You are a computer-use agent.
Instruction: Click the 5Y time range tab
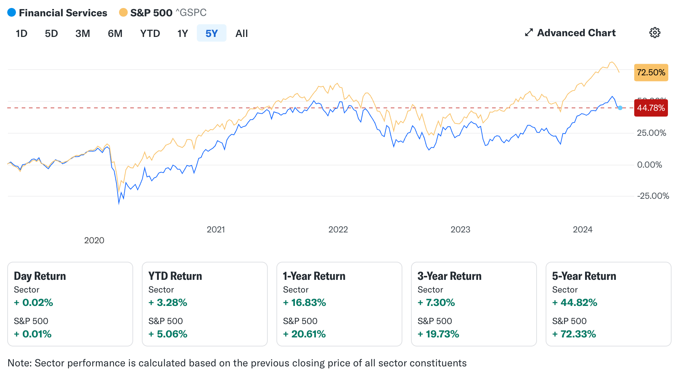[x=211, y=33]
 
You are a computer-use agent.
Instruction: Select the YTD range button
[x=150, y=33]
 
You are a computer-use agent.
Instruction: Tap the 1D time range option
[x=21, y=33]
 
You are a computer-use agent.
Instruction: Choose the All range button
[x=241, y=33]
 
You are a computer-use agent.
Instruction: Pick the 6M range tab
[x=115, y=33]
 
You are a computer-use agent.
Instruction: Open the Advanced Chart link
[x=570, y=33]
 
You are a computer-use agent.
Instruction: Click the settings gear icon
[x=655, y=33]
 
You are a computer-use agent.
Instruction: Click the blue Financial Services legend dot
[x=12, y=13]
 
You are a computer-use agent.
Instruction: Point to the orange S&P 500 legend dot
[x=123, y=13]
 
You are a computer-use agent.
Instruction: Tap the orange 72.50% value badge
[x=651, y=72]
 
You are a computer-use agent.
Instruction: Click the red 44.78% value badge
[x=651, y=108]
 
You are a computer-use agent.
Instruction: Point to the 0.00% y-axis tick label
[x=649, y=165]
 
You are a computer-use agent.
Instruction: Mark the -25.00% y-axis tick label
[x=653, y=196]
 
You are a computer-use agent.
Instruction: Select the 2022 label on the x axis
[x=338, y=230]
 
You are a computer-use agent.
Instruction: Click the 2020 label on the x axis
[x=94, y=240]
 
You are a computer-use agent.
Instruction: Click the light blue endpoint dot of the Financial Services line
[x=620, y=108]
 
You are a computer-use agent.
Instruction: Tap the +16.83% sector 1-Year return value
[x=305, y=303]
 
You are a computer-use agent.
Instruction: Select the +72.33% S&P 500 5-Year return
[x=574, y=334]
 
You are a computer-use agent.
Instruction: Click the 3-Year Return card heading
[x=449, y=276]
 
